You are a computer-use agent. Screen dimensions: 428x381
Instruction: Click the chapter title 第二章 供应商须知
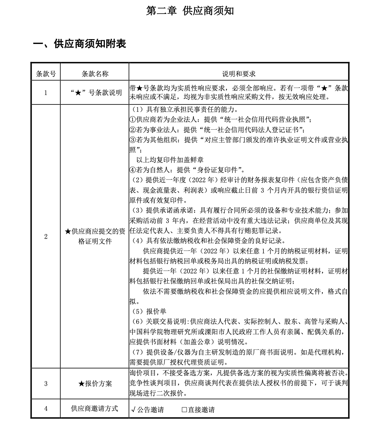tap(190, 11)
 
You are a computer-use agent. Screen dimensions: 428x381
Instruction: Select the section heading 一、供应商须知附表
tap(79, 44)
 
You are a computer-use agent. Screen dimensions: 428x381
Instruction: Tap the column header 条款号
tap(46, 74)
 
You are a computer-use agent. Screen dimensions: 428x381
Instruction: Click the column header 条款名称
tap(95, 74)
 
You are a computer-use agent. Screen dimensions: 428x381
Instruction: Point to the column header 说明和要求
tap(239, 74)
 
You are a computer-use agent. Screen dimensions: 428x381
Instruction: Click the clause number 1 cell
tap(46, 93)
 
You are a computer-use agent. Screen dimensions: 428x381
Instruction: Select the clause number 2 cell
tap(46, 237)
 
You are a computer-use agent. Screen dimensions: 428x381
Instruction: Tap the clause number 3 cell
tap(46, 384)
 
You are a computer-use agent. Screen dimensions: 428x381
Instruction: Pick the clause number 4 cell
tap(46, 409)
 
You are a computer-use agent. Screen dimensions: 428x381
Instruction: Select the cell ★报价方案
tap(95, 384)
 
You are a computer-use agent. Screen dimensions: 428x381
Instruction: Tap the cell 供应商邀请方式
tap(95, 409)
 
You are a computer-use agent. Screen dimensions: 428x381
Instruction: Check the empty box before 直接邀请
tap(184, 410)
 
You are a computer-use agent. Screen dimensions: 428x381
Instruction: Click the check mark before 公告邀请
tap(133, 410)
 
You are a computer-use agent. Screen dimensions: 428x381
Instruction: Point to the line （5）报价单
tap(149, 312)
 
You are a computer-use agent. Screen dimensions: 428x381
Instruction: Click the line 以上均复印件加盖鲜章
tap(170, 160)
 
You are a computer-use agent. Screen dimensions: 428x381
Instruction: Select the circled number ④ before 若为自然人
tap(132, 170)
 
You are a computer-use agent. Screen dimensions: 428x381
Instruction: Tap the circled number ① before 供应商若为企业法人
tap(132, 120)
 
